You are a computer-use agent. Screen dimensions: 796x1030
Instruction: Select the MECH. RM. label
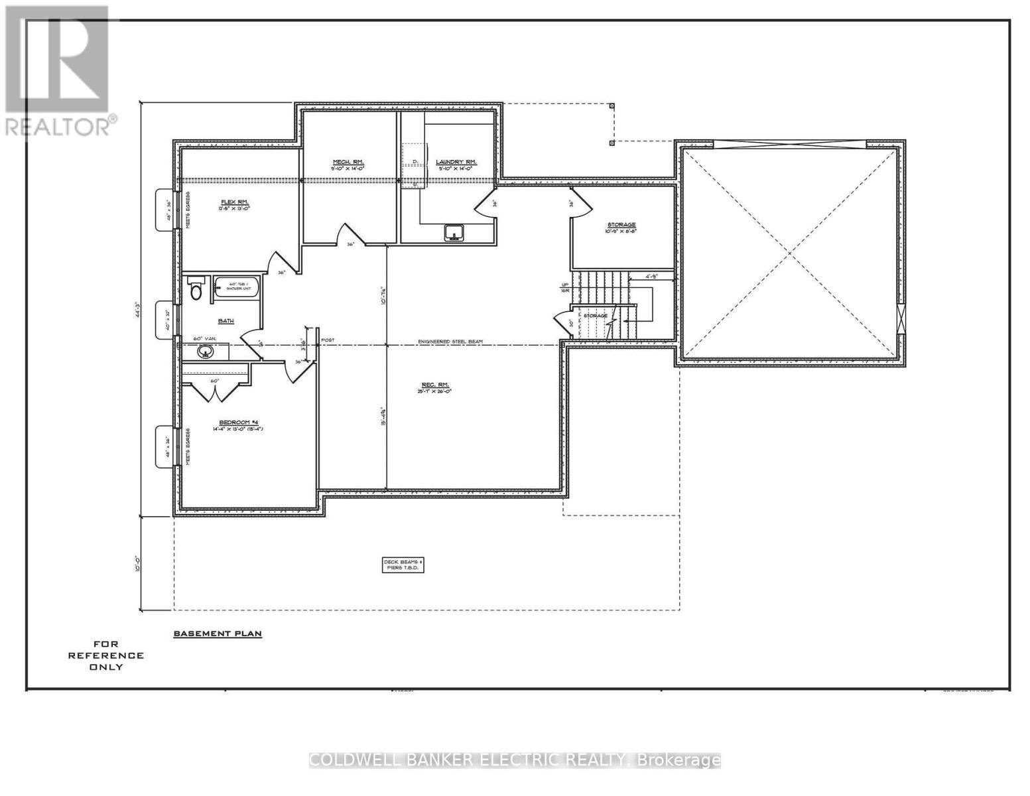click(x=348, y=162)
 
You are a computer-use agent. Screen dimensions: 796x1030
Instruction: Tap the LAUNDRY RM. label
click(x=456, y=162)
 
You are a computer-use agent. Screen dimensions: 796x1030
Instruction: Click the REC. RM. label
click(x=435, y=384)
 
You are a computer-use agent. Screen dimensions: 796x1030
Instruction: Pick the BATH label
click(x=226, y=321)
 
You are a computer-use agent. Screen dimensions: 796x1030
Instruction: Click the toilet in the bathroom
click(x=196, y=291)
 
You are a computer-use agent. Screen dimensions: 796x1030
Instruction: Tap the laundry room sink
click(x=454, y=233)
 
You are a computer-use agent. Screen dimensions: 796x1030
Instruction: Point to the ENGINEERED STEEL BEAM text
click(x=450, y=342)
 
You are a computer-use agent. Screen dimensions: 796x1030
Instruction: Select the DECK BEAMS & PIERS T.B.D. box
click(x=403, y=564)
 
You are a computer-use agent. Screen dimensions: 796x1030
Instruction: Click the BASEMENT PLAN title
click(x=218, y=633)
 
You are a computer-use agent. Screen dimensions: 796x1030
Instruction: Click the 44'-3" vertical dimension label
click(x=137, y=309)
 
